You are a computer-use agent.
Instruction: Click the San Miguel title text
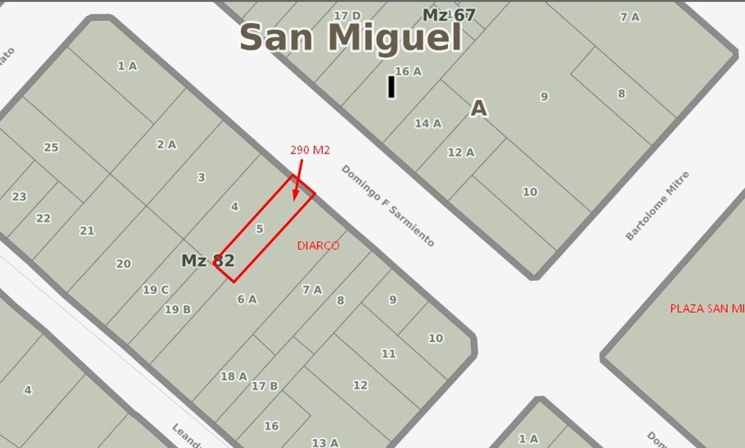pyautogui.click(x=351, y=37)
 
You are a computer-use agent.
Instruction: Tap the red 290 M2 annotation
pyautogui.click(x=310, y=150)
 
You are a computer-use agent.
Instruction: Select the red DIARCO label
pyautogui.click(x=318, y=246)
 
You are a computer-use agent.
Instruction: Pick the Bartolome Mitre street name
pyautogui.click(x=657, y=206)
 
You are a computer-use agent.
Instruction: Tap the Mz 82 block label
pyautogui.click(x=208, y=260)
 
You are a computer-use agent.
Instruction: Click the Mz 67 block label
pyautogui.click(x=449, y=15)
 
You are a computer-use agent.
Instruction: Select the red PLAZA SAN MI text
pyautogui.click(x=707, y=308)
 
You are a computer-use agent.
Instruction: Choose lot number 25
pyautogui.click(x=51, y=147)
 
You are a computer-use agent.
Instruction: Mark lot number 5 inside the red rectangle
pyautogui.click(x=260, y=229)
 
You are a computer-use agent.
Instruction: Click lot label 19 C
pyautogui.click(x=156, y=290)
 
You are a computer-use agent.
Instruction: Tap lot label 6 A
pyautogui.click(x=247, y=299)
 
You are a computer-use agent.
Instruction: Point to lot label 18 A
pyautogui.click(x=234, y=377)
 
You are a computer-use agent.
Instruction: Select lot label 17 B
pyautogui.click(x=265, y=386)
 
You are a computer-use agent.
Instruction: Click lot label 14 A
pyautogui.click(x=428, y=123)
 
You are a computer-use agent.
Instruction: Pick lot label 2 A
pyautogui.click(x=166, y=145)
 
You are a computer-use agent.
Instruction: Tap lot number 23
pyautogui.click(x=19, y=197)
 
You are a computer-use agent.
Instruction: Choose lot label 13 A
pyautogui.click(x=325, y=442)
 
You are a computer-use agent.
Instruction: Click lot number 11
pyautogui.click(x=389, y=354)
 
